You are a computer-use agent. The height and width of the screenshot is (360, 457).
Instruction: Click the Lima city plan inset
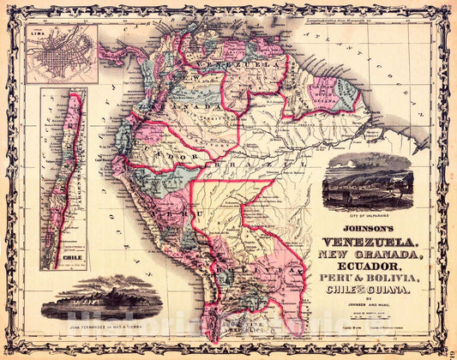pos(61,53)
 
